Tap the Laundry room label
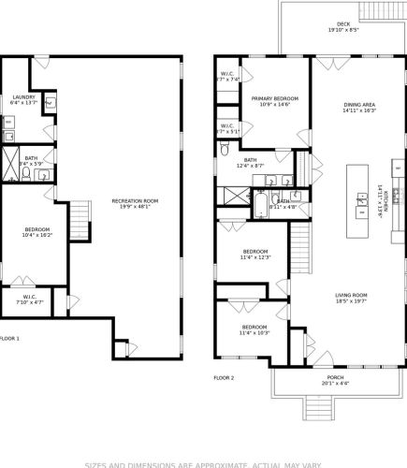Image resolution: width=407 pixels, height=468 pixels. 23,100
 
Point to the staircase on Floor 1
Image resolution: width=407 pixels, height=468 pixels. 81,222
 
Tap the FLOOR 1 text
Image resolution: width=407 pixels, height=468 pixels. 8,338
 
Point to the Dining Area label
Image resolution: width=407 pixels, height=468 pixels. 358,108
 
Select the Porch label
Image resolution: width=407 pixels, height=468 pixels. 335,380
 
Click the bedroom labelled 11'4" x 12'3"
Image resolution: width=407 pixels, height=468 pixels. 255,255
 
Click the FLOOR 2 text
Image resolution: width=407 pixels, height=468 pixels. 224,377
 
